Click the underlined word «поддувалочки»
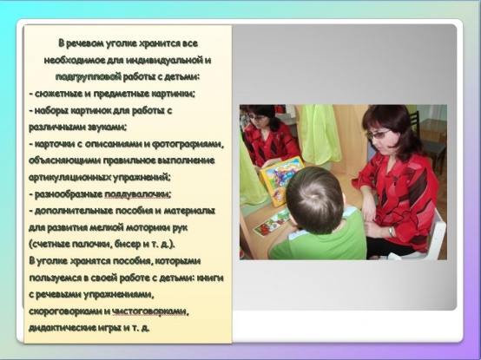tap(138, 194)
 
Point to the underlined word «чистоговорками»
tap(149, 311)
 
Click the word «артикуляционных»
tap(69, 178)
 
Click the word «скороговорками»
tap(65, 311)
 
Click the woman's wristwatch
tap(391, 232)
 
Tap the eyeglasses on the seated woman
tap(377, 134)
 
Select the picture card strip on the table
tap(273, 222)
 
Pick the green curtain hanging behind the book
tap(320, 134)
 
